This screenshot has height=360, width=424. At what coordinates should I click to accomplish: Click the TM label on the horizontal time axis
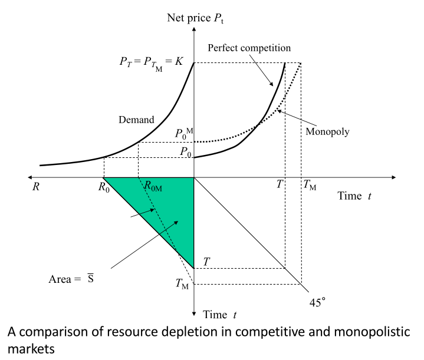[309, 186]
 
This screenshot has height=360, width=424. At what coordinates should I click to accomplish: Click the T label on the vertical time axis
[206, 261]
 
